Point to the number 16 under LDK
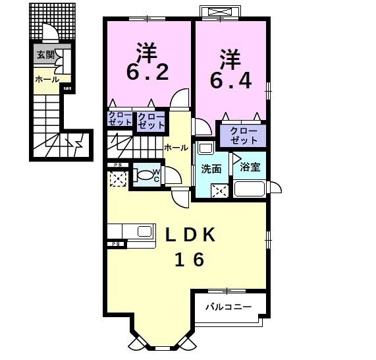(x=188, y=260)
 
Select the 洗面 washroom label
(x=211, y=169)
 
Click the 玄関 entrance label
(x=45, y=55)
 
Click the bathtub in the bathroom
(x=250, y=189)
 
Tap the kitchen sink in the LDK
(x=144, y=231)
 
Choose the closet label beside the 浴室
(x=244, y=136)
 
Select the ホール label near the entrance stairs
(x=46, y=79)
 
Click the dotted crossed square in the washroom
(x=219, y=191)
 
